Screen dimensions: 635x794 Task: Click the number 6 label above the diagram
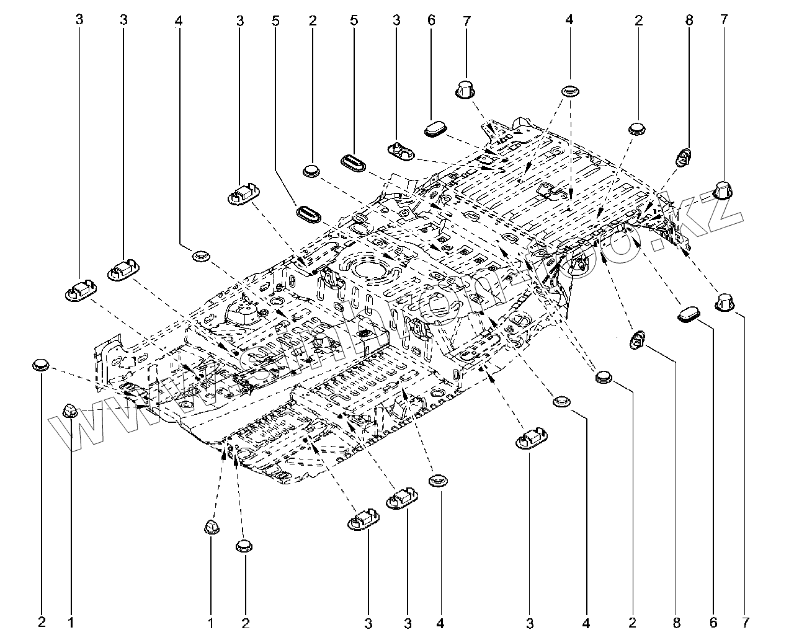coord(431,20)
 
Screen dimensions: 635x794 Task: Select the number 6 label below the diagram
coord(713,621)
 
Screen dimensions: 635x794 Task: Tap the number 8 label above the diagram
coord(689,20)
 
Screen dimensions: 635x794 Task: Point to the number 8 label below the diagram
coord(677,621)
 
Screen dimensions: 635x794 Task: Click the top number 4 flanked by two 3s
coord(178,20)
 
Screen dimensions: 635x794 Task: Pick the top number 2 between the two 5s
coord(312,20)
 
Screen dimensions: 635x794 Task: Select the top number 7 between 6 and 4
coord(466,20)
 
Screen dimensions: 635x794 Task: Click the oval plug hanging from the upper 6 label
coord(436,128)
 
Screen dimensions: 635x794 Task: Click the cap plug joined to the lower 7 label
coord(725,302)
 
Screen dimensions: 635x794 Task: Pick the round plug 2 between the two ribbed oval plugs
coord(312,171)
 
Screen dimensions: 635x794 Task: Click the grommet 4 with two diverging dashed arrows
coord(569,92)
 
